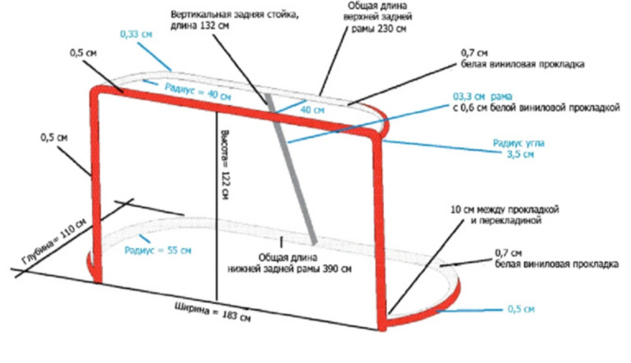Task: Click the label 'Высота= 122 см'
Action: (225, 164)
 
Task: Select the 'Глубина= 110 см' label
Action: (54, 241)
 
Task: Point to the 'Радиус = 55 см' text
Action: (158, 251)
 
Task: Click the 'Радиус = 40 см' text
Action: (198, 92)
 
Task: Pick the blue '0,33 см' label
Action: (136, 34)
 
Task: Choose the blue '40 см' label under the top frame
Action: (312, 110)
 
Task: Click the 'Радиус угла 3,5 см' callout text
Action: (519, 148)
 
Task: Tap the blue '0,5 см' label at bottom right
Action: (521, 309)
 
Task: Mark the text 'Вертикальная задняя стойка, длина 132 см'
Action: (234, 20)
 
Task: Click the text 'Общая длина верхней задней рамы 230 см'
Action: (378, 18)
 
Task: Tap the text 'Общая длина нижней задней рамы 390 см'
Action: (289, 263)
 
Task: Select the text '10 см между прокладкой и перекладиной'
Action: (504, 215)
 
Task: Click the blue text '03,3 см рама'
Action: (482, 96)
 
